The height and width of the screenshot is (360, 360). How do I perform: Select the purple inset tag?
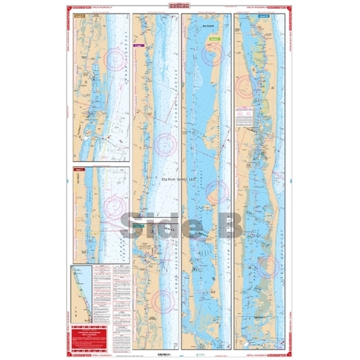click(x=138, y=45)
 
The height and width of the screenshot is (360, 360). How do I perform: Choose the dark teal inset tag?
click(x=138, y=227)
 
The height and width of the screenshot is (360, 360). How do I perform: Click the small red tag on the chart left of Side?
click(x=79, y=170)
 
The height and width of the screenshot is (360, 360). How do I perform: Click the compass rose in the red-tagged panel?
click(x=116, y=206)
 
